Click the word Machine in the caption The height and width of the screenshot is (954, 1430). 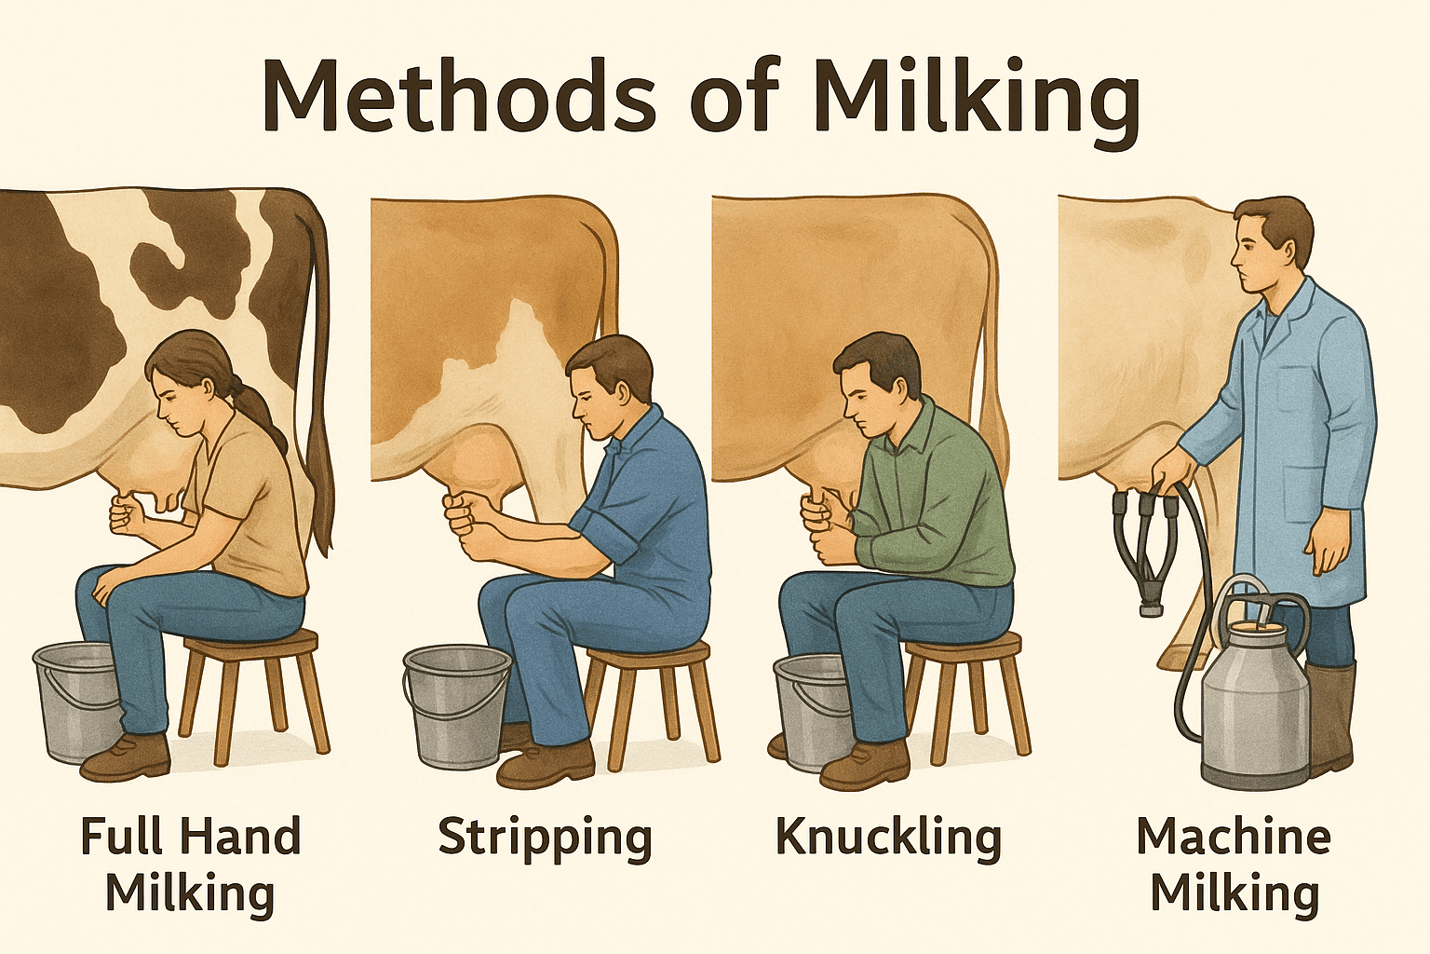pos(1234,838)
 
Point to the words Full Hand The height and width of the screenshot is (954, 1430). pos(191,837)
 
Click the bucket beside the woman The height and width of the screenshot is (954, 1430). pos(76,702)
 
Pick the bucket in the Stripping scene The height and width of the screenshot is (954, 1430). pos(456,707)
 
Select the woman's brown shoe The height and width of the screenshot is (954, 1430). pos(126,758)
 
